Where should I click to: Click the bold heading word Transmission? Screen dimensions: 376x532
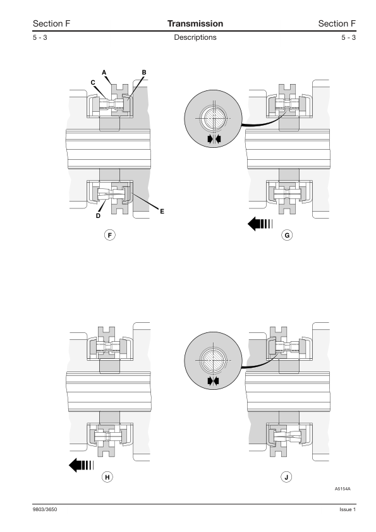pos(195,23)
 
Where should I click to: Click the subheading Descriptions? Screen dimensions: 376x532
pos(195,37)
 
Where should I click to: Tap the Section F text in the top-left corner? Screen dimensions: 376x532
pos(51,23)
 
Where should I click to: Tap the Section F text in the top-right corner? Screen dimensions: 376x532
pos(337,23)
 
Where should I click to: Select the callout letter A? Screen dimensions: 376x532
pos(104,72)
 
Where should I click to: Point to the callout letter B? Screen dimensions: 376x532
pos(144,72)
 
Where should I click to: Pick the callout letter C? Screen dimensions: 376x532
pos(93,82)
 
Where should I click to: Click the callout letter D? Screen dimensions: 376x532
pos(98,216)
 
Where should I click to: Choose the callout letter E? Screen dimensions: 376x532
pos(162,212)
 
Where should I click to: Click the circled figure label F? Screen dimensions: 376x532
pos(109,235)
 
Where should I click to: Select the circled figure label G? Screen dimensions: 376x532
pos(287,235)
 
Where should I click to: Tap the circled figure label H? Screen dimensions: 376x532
pos(107,477)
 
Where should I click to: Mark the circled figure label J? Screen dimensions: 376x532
pos(286,477)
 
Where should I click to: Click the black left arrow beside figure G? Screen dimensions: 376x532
pos(260,224)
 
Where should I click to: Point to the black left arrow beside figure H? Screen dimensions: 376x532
pos(81,465)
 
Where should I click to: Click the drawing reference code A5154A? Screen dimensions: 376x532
pos(343,489)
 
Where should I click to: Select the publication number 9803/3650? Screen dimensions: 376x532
pos(45,509)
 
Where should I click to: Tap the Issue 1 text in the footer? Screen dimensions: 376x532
pos(348,509)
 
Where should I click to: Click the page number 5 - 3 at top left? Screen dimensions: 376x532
pos(40,37)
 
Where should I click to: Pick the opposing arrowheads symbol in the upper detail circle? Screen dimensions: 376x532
pos(214,138)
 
